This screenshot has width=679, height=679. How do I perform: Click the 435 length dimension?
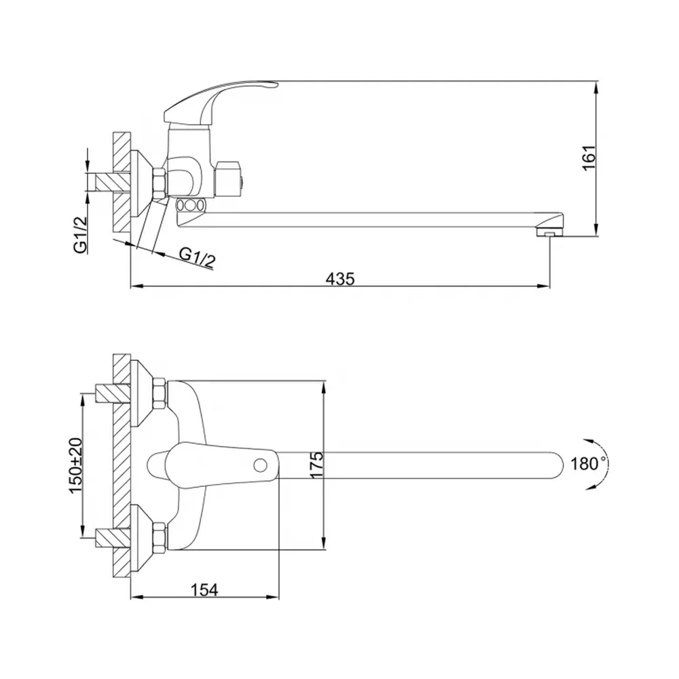coord(340,278)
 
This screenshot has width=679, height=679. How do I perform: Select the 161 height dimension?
coord(589,158)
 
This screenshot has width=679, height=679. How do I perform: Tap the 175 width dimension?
coord(316,465)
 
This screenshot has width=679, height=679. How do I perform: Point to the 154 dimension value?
coord(204,589)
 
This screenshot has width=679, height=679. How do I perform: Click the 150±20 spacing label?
coord(75,465)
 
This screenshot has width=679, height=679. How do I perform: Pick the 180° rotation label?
coord(587,464)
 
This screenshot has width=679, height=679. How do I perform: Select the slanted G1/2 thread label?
coord(198,257)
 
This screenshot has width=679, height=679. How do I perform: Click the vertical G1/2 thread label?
coord(80,234)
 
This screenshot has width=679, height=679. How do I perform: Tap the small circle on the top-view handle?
coord(260,466)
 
